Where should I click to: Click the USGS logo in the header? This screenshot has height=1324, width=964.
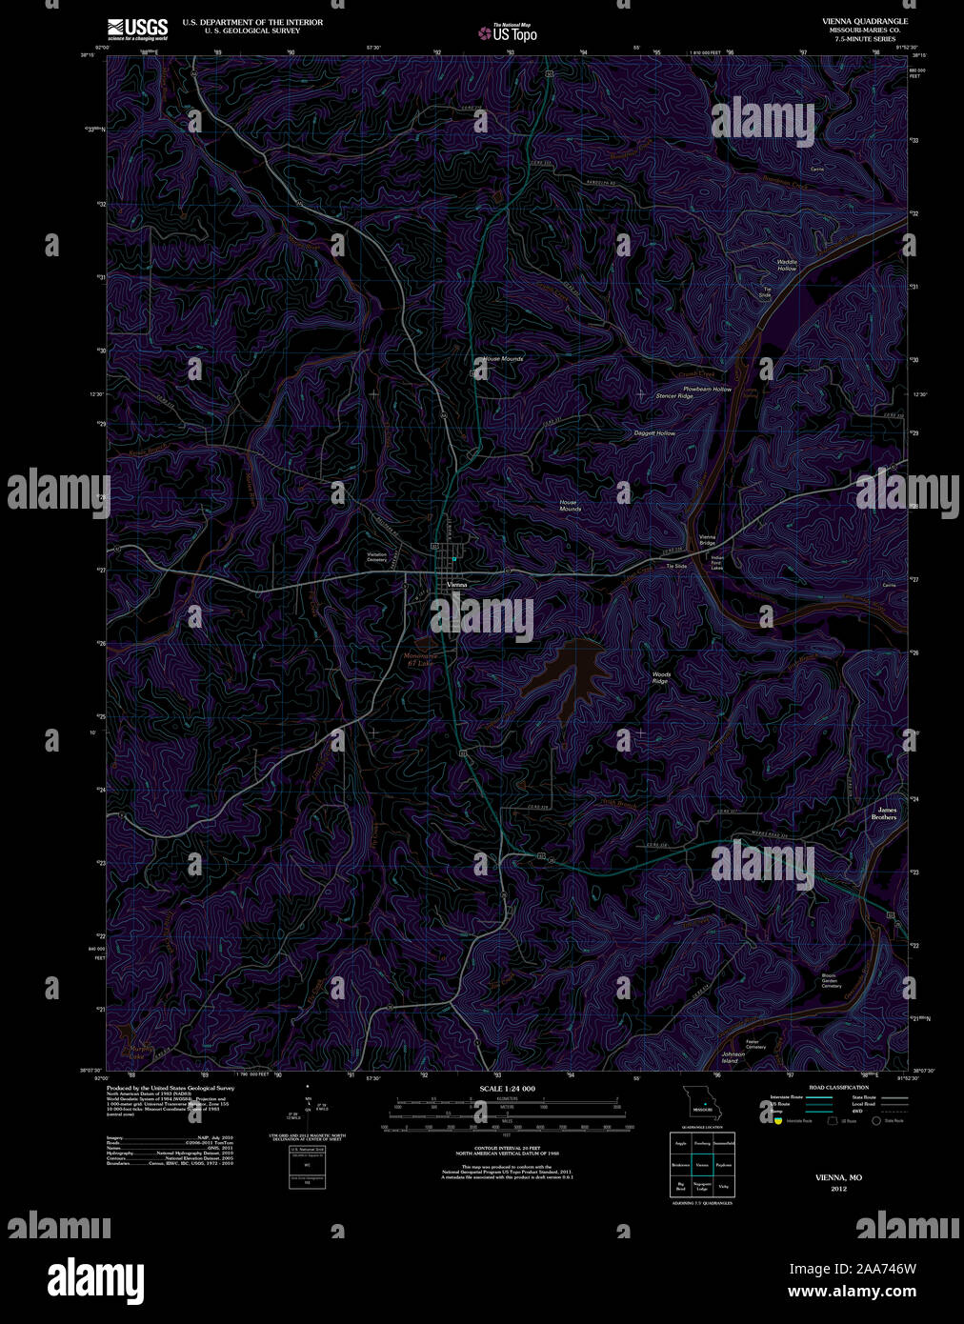138,28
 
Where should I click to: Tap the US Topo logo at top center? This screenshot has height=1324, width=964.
508,32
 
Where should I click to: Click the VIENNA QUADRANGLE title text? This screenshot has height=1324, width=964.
865,21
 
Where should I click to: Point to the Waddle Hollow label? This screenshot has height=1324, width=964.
786,265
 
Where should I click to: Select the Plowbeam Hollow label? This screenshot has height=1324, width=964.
707,389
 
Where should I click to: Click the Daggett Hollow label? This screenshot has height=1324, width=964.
654,433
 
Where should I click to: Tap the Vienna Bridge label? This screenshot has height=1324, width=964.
707,540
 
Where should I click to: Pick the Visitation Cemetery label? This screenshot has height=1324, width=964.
377,557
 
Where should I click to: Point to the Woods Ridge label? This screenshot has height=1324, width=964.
660,677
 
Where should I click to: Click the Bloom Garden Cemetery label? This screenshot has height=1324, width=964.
832,980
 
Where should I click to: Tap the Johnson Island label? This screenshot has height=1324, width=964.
733,1057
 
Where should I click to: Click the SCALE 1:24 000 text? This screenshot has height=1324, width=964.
507,1088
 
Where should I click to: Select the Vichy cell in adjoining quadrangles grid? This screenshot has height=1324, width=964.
724,1186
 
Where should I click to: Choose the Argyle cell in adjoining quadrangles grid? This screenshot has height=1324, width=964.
680,1142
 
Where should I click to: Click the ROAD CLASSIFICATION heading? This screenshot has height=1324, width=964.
838,1088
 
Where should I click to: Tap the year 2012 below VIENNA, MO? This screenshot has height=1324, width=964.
838,1189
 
